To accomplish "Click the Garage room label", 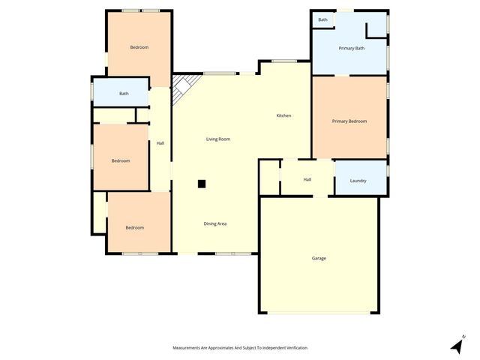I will tap(319, 258).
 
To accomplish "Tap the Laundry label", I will tap(358, 181).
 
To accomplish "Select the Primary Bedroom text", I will tap(349, 121).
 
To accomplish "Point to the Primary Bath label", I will tap(351, 49).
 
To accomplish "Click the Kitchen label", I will tap(283, 115).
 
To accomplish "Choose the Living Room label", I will tap(218, 139).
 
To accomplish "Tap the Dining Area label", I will tap(215, 223).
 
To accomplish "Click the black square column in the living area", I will tap(201, 183).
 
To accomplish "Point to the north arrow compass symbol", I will tap(457, 345).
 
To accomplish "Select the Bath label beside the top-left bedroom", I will tap(124, 94).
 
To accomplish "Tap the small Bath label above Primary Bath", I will tap(322, 20).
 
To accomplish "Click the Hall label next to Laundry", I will tap(307, 180).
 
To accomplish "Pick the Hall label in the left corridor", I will tap(160, 143).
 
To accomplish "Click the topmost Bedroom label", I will tap(139, 48).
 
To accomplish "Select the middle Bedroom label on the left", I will tap(121, 160).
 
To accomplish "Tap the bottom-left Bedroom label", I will tap(134, 227).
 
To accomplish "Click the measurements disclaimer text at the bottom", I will tap(240, 348).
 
